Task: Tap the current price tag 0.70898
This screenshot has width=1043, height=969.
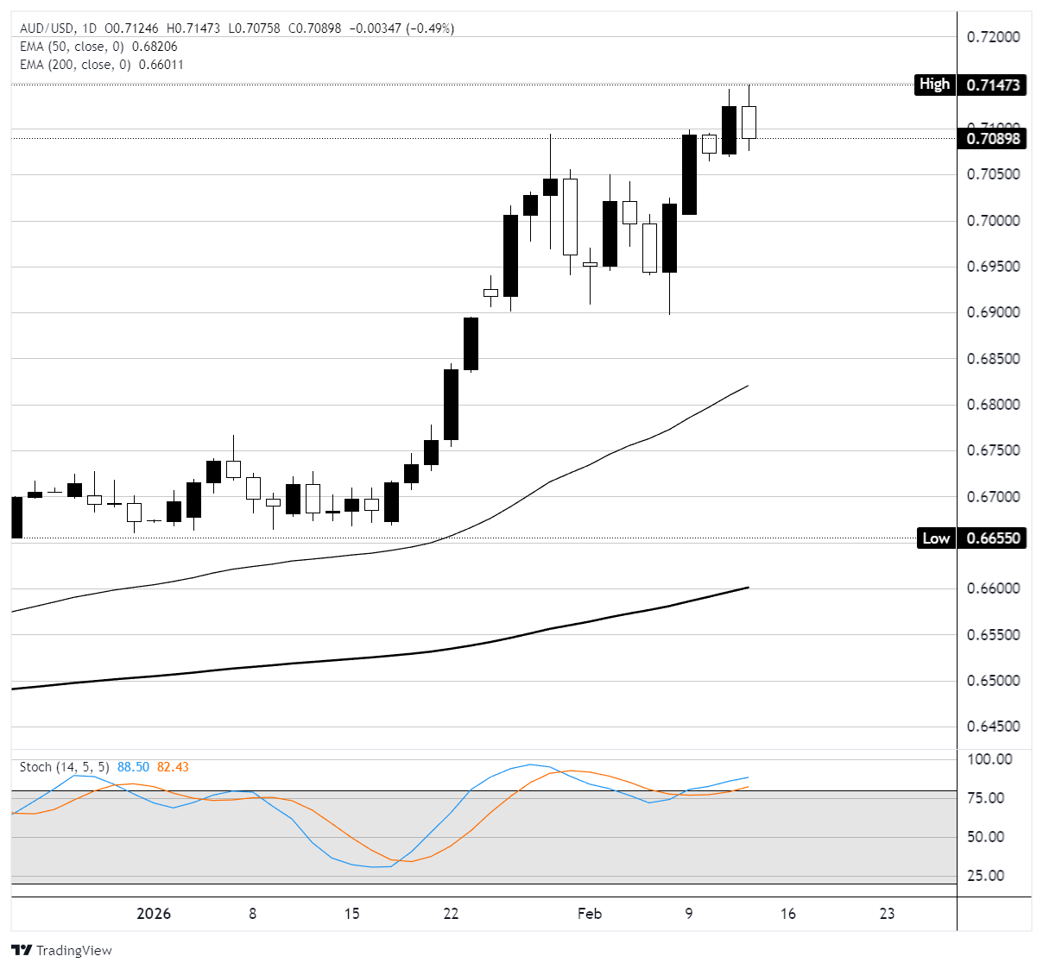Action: [x=993, y=138]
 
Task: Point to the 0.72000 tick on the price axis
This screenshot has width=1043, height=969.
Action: [x=993, y=37]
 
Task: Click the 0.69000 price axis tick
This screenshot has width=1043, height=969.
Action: [x=993, y=312]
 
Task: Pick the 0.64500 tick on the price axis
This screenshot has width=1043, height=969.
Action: [x=993, y=727]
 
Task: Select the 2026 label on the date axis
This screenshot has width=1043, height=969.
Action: [x=154, y=914]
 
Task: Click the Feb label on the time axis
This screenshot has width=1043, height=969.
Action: [x=590, y=914]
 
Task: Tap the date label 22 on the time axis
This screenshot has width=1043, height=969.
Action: [x=451, y=914]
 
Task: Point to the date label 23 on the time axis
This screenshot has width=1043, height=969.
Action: [x=887, y=914]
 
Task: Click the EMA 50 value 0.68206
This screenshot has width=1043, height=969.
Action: [x=155, y=47]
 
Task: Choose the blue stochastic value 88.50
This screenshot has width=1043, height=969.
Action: [x=133, y=767]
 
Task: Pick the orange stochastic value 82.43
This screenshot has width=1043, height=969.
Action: [x=173, y=767]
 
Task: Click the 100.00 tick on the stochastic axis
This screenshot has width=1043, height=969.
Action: [x=990, y=759]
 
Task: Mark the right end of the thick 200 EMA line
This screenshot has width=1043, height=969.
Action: [x=748, y=588]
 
